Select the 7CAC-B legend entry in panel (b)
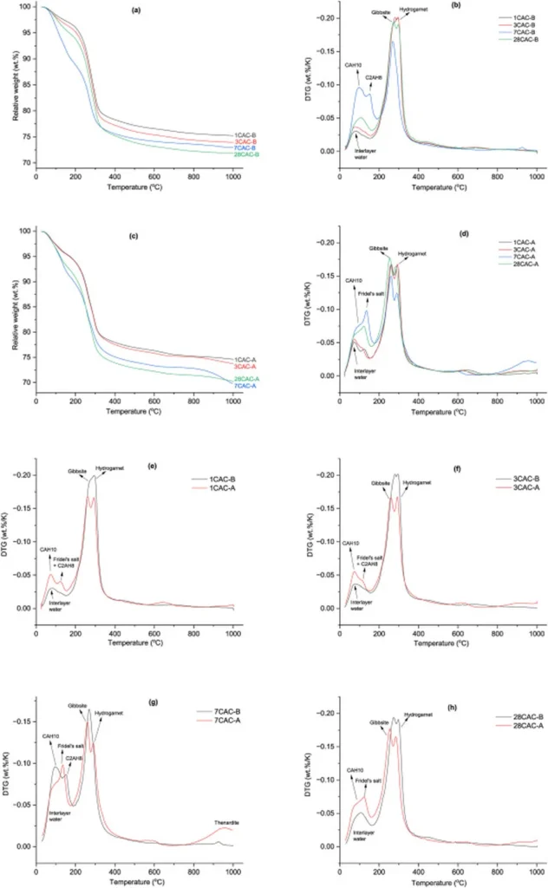tap(518, 32)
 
